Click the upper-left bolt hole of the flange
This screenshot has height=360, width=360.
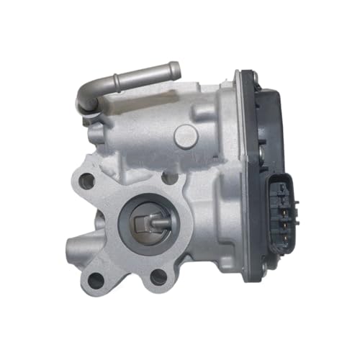(87, 181)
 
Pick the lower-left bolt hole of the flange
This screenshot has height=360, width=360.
(96, 279)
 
